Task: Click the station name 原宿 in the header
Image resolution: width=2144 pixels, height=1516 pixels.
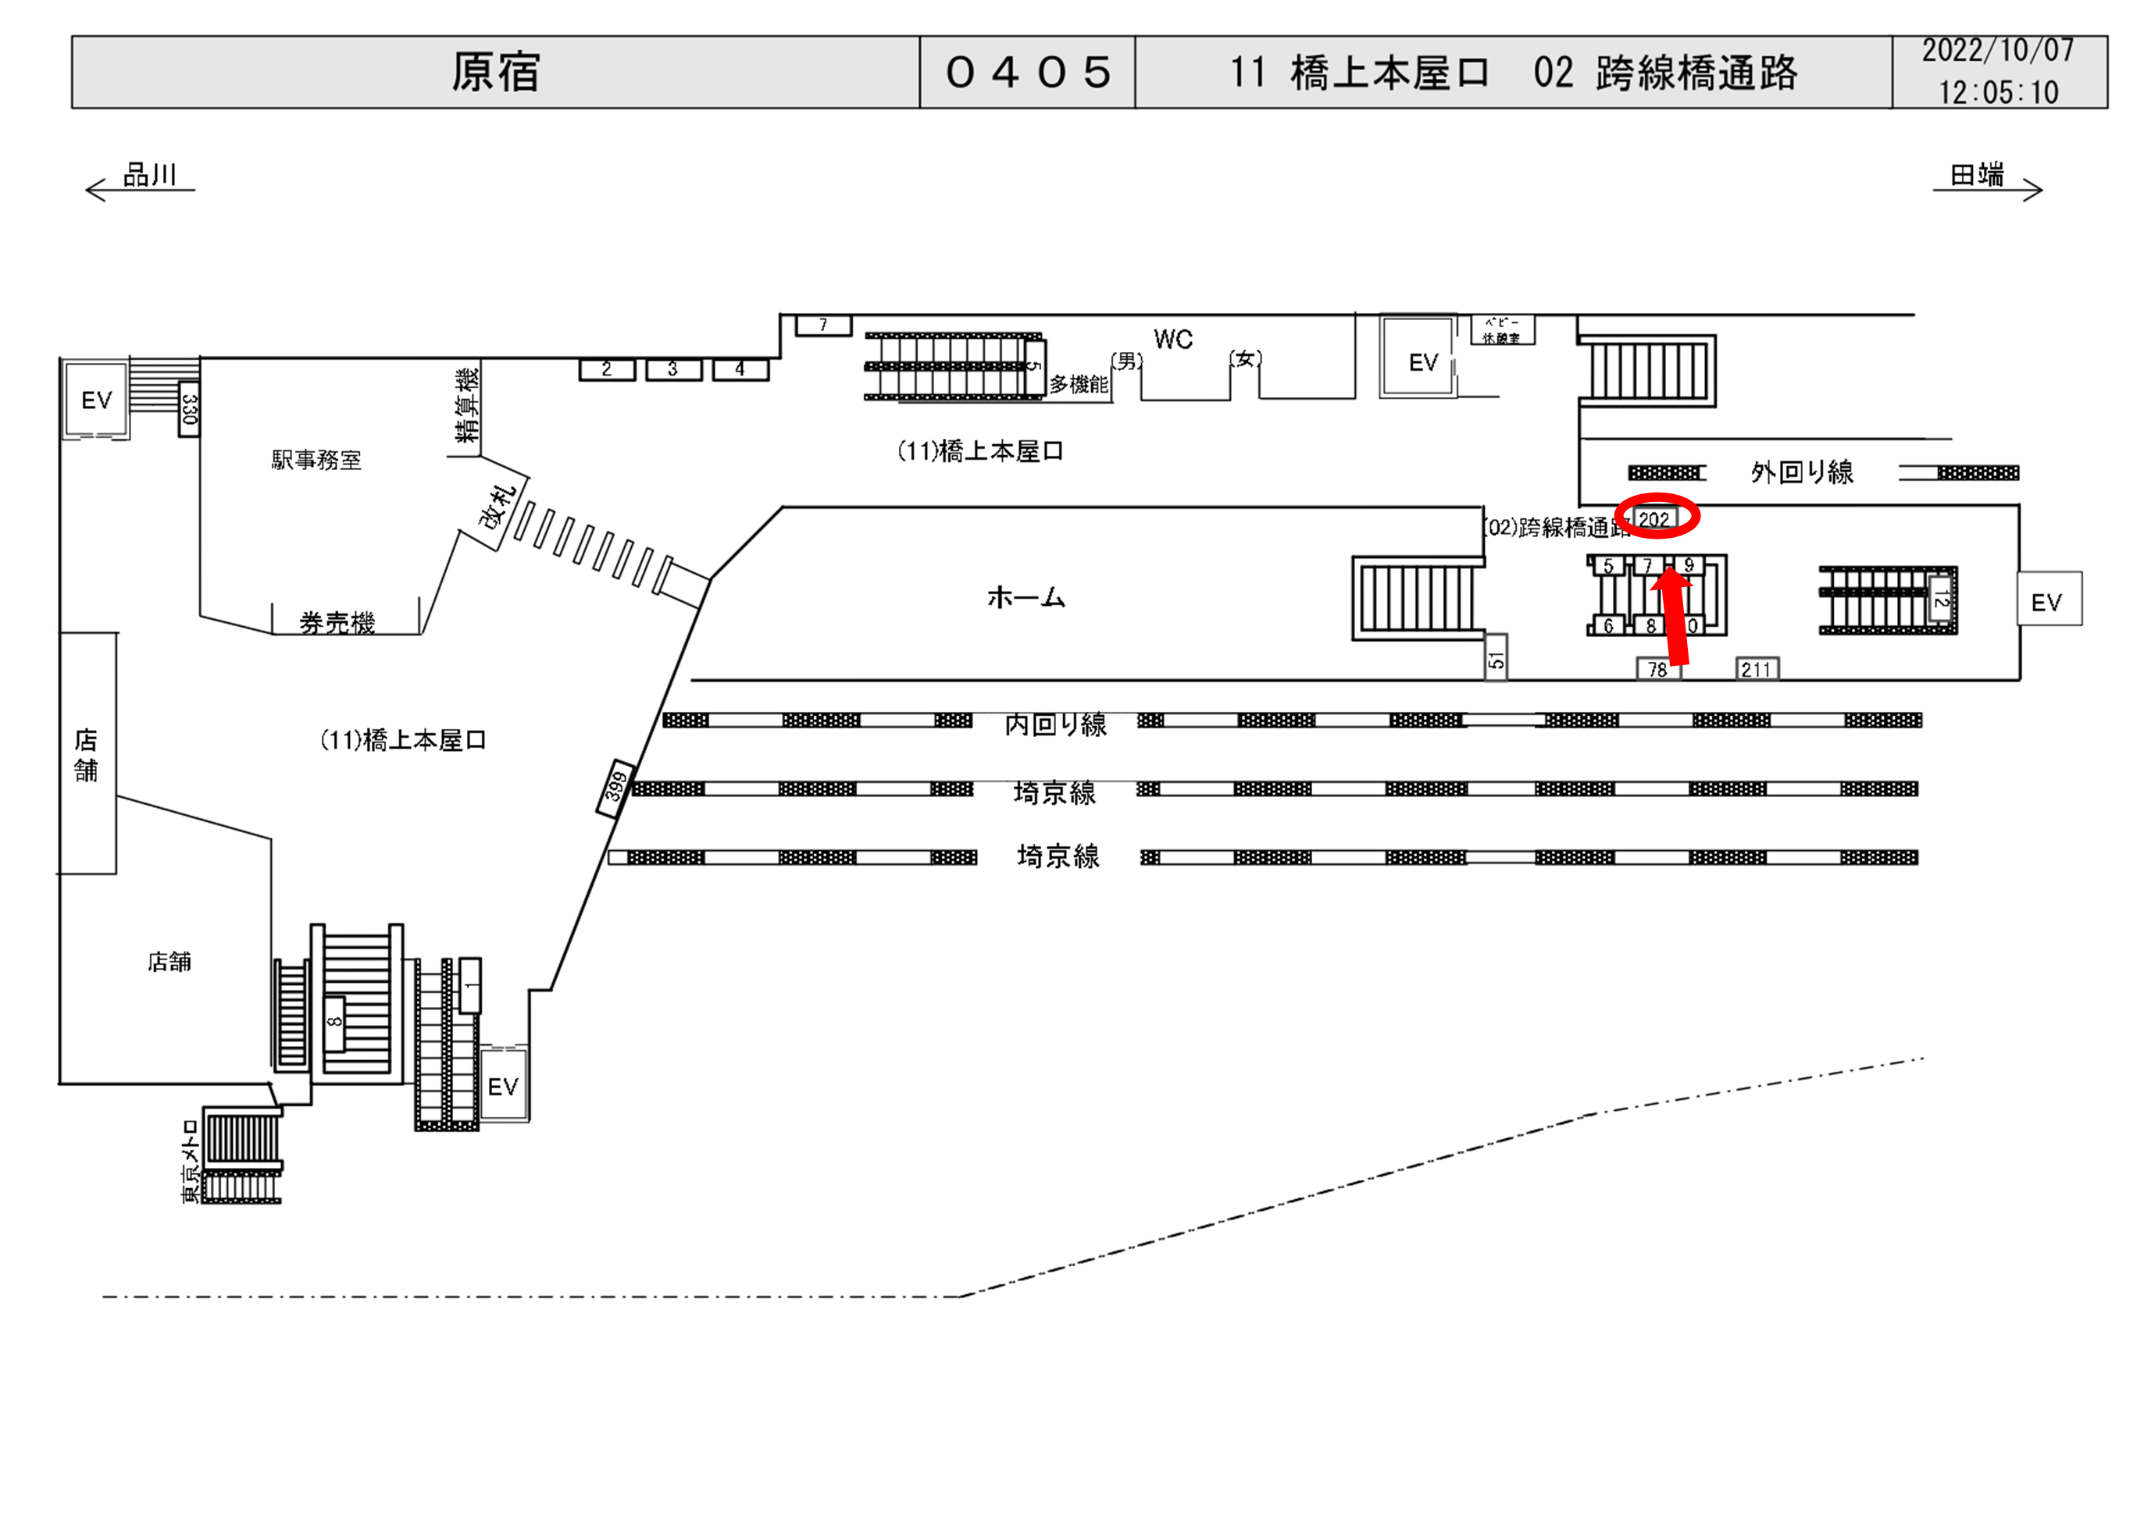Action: (x=495, y=73)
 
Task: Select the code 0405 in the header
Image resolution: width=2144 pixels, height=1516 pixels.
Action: (x=1027, y=73)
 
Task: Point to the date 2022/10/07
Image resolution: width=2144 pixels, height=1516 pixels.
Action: (x=1997, y=52)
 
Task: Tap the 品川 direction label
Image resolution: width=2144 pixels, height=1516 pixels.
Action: (x=149, y=176)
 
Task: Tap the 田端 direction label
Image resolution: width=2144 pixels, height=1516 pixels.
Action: (x=1976, y=176)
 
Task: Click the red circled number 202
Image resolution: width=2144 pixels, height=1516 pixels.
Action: (x=1655, y=519)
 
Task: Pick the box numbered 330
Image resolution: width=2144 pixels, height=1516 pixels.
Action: (x=189, y=410)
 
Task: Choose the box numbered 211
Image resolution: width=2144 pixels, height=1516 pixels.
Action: (x=1756, y=669)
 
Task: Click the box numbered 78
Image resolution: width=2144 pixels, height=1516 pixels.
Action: (x=1657, y=669)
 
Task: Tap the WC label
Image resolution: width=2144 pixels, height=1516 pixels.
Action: (x=1173, y=340)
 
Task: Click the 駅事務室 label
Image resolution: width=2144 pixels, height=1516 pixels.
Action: (x=316, y=461)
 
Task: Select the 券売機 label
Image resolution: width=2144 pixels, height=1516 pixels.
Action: (x=337, y=623)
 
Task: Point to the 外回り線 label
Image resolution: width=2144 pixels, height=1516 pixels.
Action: (x=1801, y=472)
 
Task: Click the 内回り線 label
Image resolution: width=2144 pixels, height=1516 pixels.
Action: (x=1055, y=724)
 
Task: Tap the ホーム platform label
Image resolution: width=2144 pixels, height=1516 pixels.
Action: (x=1026, y=597)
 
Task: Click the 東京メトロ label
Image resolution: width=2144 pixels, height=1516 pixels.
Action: (x=191, y=1162)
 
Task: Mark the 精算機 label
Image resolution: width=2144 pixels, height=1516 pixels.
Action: (x=467, y=405)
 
